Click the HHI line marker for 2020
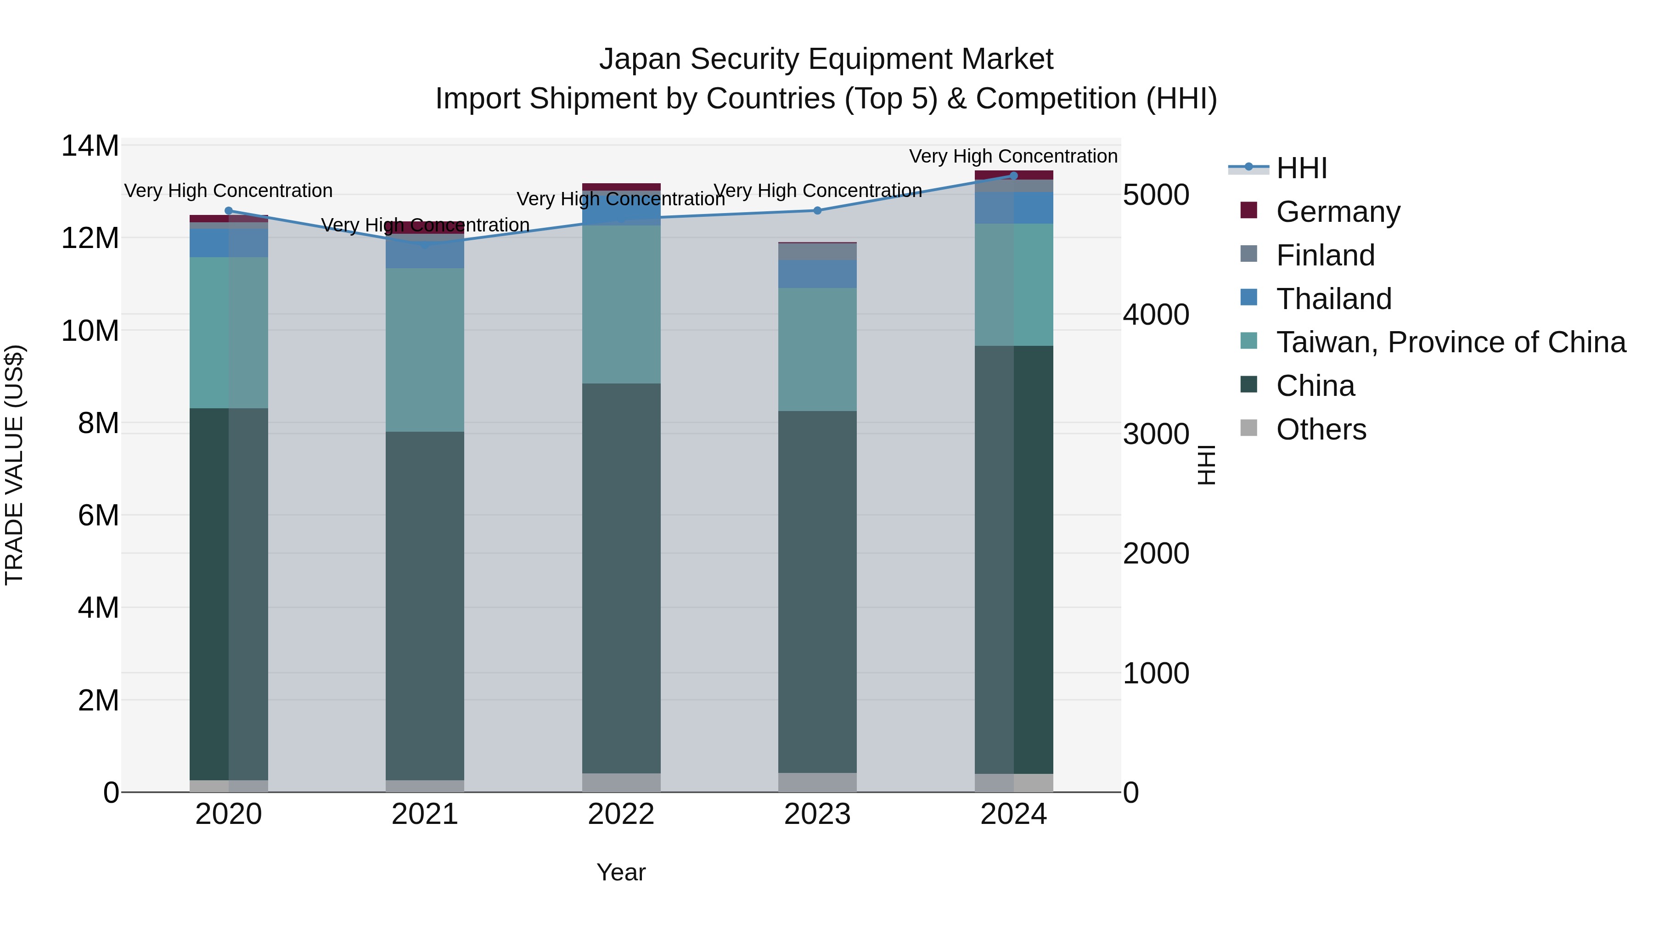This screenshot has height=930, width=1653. tap(229, 210)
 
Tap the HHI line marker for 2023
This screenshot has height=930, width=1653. tap(817, 210)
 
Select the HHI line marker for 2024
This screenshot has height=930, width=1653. tap(1013, 175)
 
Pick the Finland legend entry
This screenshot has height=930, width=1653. tap(1325, 255)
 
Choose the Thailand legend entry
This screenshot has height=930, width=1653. tap(1333, 299)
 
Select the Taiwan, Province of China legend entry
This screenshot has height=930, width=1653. tap(1450, 342)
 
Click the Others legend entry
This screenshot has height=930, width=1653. tap(1321, 429)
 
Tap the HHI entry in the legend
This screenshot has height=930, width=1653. tap(1301, 168)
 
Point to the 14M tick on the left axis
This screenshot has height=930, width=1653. tap(90, 147)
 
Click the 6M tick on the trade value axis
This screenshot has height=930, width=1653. tap(98, 515)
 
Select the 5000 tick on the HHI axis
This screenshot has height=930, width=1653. tap(1156, 195)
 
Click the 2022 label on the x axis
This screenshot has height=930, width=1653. tap(620, 814)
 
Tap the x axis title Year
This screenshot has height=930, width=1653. tap(620, 872)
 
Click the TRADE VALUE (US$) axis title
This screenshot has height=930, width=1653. tap(14, 465)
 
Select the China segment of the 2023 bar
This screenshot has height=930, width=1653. tap(817, 591)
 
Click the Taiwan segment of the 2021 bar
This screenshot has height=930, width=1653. tap(424, 350)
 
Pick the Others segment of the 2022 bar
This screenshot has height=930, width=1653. tap(620, 783)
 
